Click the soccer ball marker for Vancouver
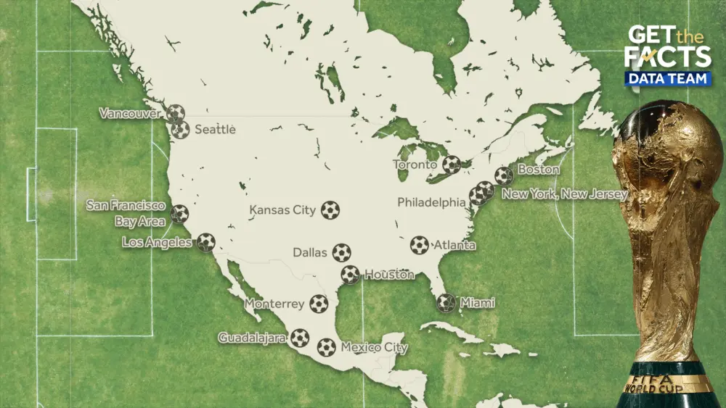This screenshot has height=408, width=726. coord(175,113)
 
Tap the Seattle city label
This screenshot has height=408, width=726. coord(216,130)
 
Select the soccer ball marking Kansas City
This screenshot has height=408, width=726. coord(330,210)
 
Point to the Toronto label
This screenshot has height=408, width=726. coord(415,165)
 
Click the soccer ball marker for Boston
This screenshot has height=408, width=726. coord(503,175)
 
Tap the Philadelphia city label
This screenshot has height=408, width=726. coord(431,202)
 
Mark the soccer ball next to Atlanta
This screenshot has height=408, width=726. coord(419,245)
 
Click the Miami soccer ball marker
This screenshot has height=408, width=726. coord(446,303)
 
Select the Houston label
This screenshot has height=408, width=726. coord(389,275)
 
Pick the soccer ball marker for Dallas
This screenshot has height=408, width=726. coord(341,252)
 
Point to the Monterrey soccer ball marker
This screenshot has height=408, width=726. coord(319,304)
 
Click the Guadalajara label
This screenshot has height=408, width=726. coord(253,338)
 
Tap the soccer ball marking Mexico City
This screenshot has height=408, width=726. coord(326,347)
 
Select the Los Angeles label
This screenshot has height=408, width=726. coord(157,242)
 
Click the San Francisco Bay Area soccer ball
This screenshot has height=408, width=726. coord(179,214)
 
